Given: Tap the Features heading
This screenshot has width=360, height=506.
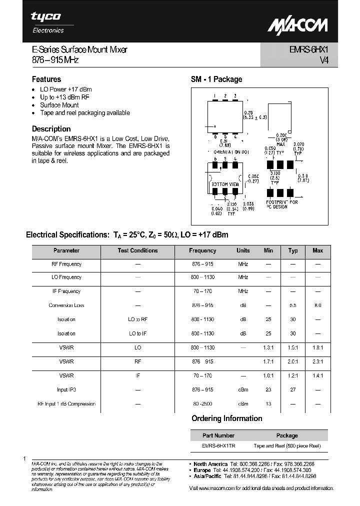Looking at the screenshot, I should (46, 79).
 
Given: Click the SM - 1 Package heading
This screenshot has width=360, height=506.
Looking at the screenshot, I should (216, 79).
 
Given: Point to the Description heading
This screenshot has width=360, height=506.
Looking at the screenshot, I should (51, 128).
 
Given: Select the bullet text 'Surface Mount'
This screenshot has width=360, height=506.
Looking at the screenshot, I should (59, 105).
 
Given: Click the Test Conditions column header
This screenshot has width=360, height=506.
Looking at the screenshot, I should (137, 250).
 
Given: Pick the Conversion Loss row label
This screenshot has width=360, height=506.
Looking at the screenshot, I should (66, 305).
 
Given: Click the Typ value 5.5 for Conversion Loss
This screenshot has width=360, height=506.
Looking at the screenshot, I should (293, 305).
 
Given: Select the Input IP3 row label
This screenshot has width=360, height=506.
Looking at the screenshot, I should (66, 389).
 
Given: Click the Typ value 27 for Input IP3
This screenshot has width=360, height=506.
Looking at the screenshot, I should (293, 389).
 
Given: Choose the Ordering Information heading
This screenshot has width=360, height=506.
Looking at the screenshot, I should (227, 418).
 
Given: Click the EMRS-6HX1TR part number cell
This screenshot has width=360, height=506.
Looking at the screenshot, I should (218, 445).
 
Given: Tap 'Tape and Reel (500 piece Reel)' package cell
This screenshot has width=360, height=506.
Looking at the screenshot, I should (287, 445).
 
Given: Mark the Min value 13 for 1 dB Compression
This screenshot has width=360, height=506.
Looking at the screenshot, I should (268, 403).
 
